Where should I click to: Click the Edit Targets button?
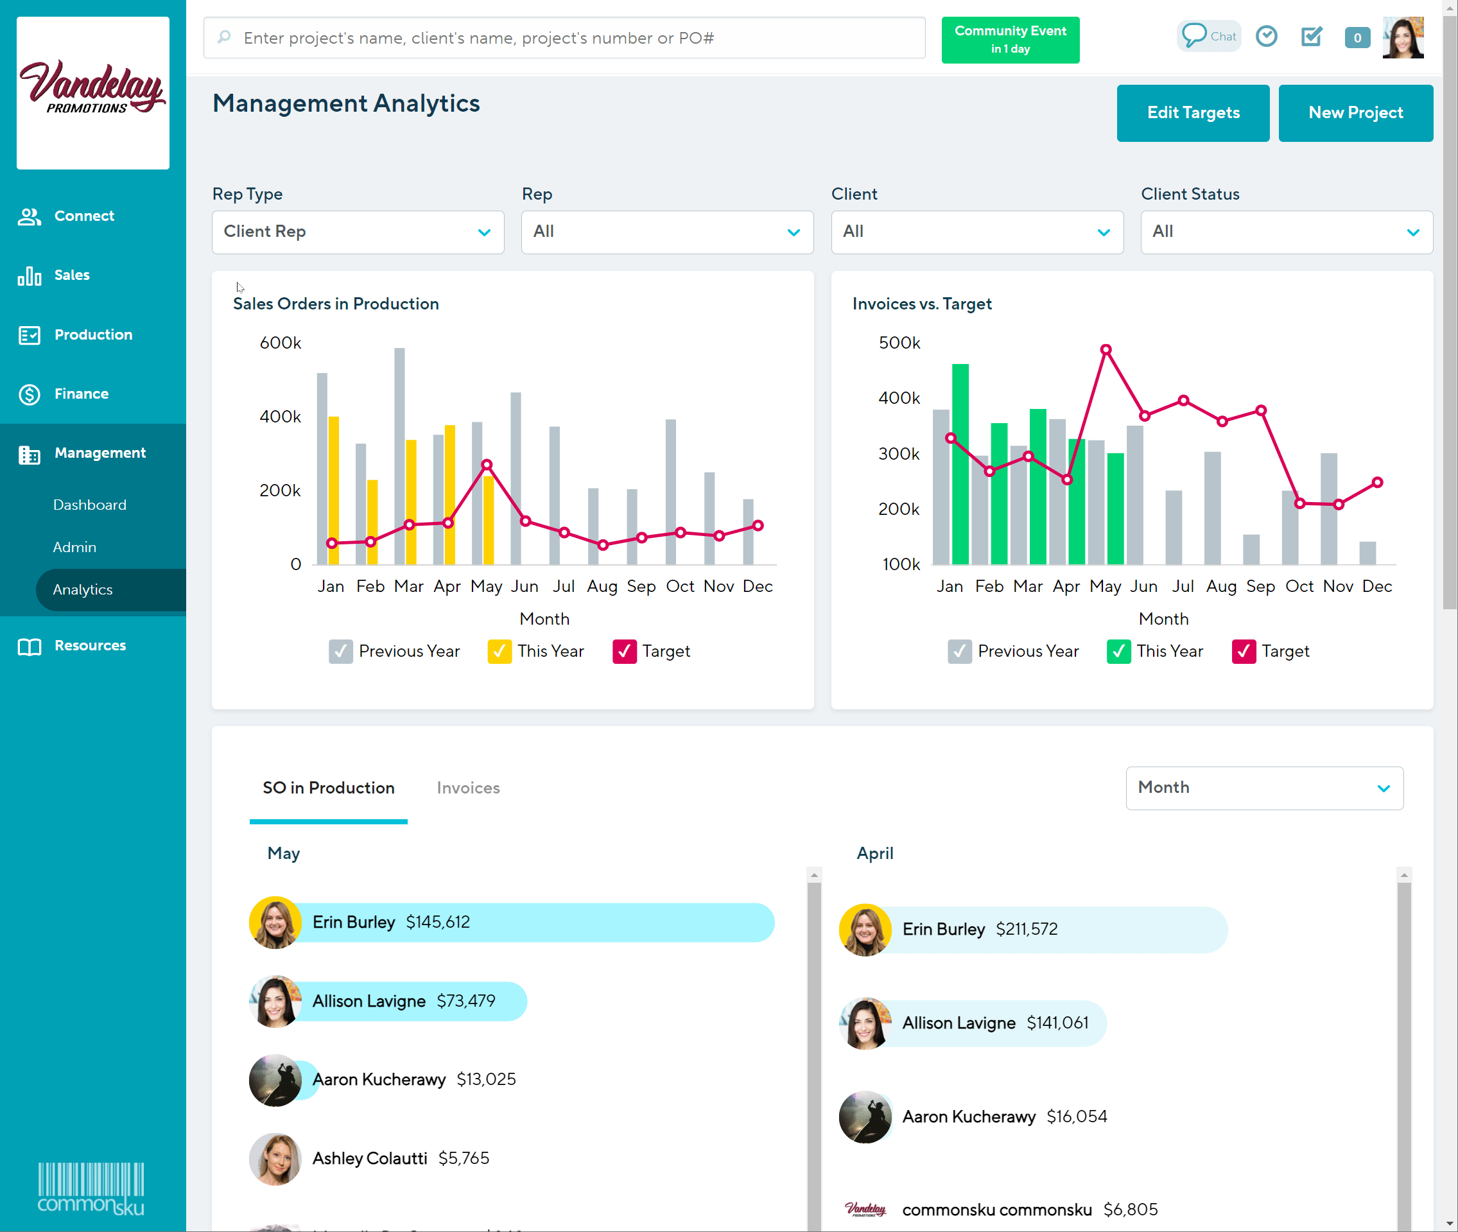click(x=1193, y=113)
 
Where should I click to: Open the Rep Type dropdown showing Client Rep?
click(x=358, y=232)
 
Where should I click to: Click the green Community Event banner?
click(x=1010, y=40)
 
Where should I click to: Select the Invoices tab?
click(x=468, y=788)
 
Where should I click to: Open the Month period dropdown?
click(x=1264, y=788)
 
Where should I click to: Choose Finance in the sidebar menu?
click(x=81, y=394)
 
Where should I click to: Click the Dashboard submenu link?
click(x=89, y=505)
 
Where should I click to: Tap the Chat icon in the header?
click(x=1208, y=37)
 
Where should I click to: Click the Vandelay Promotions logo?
click(x=93, y=92)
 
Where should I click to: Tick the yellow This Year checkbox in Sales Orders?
click(x=499, y=652)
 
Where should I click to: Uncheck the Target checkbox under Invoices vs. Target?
click(x=1244, y=652)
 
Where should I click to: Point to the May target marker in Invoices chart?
click(x=1106, y=350)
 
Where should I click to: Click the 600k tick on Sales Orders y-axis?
click(x=280, y=343)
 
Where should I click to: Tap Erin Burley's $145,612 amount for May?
click(x=438, y=923)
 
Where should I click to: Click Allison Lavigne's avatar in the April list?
click(x=865, y=1023)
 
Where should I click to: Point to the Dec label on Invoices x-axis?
click(x=1376, y=587)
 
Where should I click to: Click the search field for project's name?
click(x=564, y=39)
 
